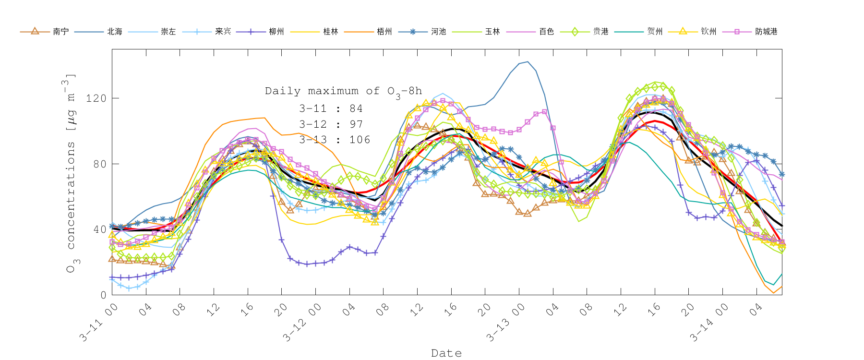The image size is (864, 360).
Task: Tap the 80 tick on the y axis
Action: [x=99, y=164]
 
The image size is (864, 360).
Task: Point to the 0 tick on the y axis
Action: [x=103, y=295]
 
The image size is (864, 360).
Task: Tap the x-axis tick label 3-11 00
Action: [x=99, y=323]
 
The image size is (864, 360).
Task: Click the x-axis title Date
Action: [x=446, y=353]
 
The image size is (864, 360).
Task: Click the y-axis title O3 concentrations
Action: [x=71, y=173]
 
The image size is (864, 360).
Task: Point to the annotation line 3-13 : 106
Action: [x=335, y=140]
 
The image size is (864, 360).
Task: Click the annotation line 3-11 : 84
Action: [x=331, y=108]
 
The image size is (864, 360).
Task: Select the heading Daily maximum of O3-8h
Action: [x=343, y=91]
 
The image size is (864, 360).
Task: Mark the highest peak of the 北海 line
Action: [x=528, y=61]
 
